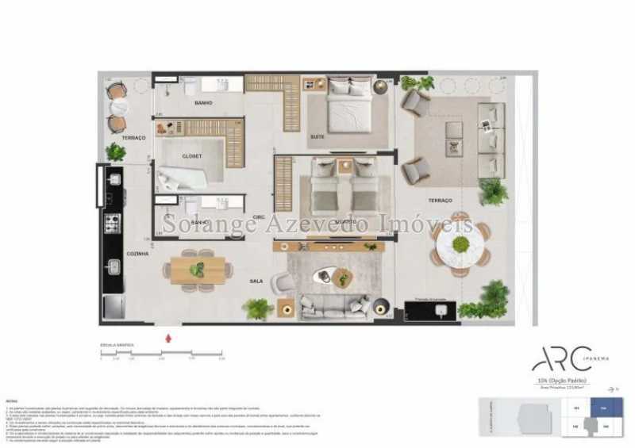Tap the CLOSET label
192,156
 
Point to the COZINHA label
137,253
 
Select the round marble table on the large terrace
460,244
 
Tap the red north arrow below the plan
167,339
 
